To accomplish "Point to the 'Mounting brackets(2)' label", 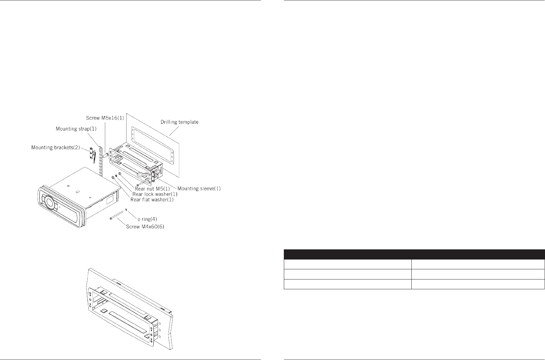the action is tap(55, 148).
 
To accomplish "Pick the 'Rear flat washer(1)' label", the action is tap(152, 200).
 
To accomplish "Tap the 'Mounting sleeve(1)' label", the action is tap(199, 188).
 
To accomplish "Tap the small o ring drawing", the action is tap(127, 210).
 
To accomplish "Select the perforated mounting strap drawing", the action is tap(101, 159).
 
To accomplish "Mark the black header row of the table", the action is tap(414, 254).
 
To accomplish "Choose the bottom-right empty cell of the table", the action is tap(478, 284).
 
